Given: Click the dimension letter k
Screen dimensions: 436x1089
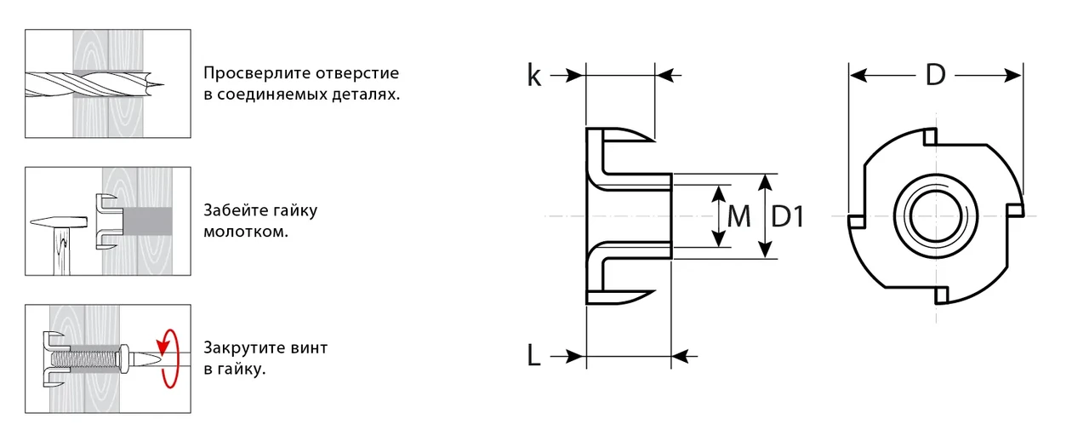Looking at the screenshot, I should click(534, 76).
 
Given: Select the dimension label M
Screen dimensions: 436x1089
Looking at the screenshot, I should click(739, 217).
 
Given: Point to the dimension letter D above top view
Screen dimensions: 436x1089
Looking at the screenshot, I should click(935, 76).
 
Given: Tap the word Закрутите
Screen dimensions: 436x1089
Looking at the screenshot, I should click(242, 348).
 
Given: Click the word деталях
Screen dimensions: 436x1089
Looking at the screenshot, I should click(368, 95).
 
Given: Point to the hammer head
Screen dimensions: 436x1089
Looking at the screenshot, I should click(56, 222).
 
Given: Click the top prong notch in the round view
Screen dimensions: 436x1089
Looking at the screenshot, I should click(931, 136).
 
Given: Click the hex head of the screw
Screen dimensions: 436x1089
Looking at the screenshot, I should click(125, 359).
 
